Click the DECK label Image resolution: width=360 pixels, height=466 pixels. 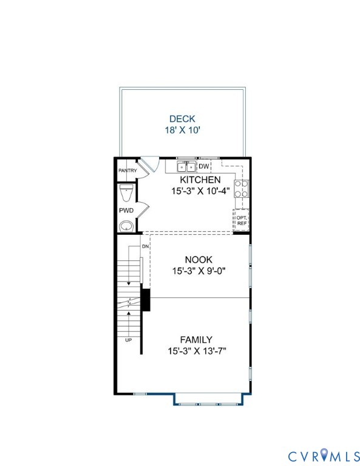click(x=182, y=119)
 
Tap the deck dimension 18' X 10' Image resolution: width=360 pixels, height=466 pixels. click(x=182, y=130)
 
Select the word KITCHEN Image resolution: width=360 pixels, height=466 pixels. click(x=199, y=180)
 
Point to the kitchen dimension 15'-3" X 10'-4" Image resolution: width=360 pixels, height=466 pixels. click(x=199, y=191)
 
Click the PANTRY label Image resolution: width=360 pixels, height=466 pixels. click(x=127, y=171)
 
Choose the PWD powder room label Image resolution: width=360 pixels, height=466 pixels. click(x=126, y=210)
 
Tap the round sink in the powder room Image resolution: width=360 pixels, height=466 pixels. click(x=126, y=226)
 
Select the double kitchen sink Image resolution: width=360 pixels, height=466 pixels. click(x=186, y=166)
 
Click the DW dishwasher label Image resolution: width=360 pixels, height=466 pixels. click(x=204, y=166)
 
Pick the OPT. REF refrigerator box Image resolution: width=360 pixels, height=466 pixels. click(x=242, y=220)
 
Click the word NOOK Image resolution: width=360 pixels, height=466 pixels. click(x=199, y=259)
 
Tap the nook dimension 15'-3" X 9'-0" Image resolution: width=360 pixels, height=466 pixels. click(x=199, y=270)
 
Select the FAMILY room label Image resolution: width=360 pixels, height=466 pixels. click(x=196, y=340)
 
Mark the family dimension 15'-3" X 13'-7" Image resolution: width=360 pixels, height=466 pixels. click(x=196, y=351)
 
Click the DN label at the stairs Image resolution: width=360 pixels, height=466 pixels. click(x=145, y=246)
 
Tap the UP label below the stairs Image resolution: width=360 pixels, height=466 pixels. click(x=128, y=340)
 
